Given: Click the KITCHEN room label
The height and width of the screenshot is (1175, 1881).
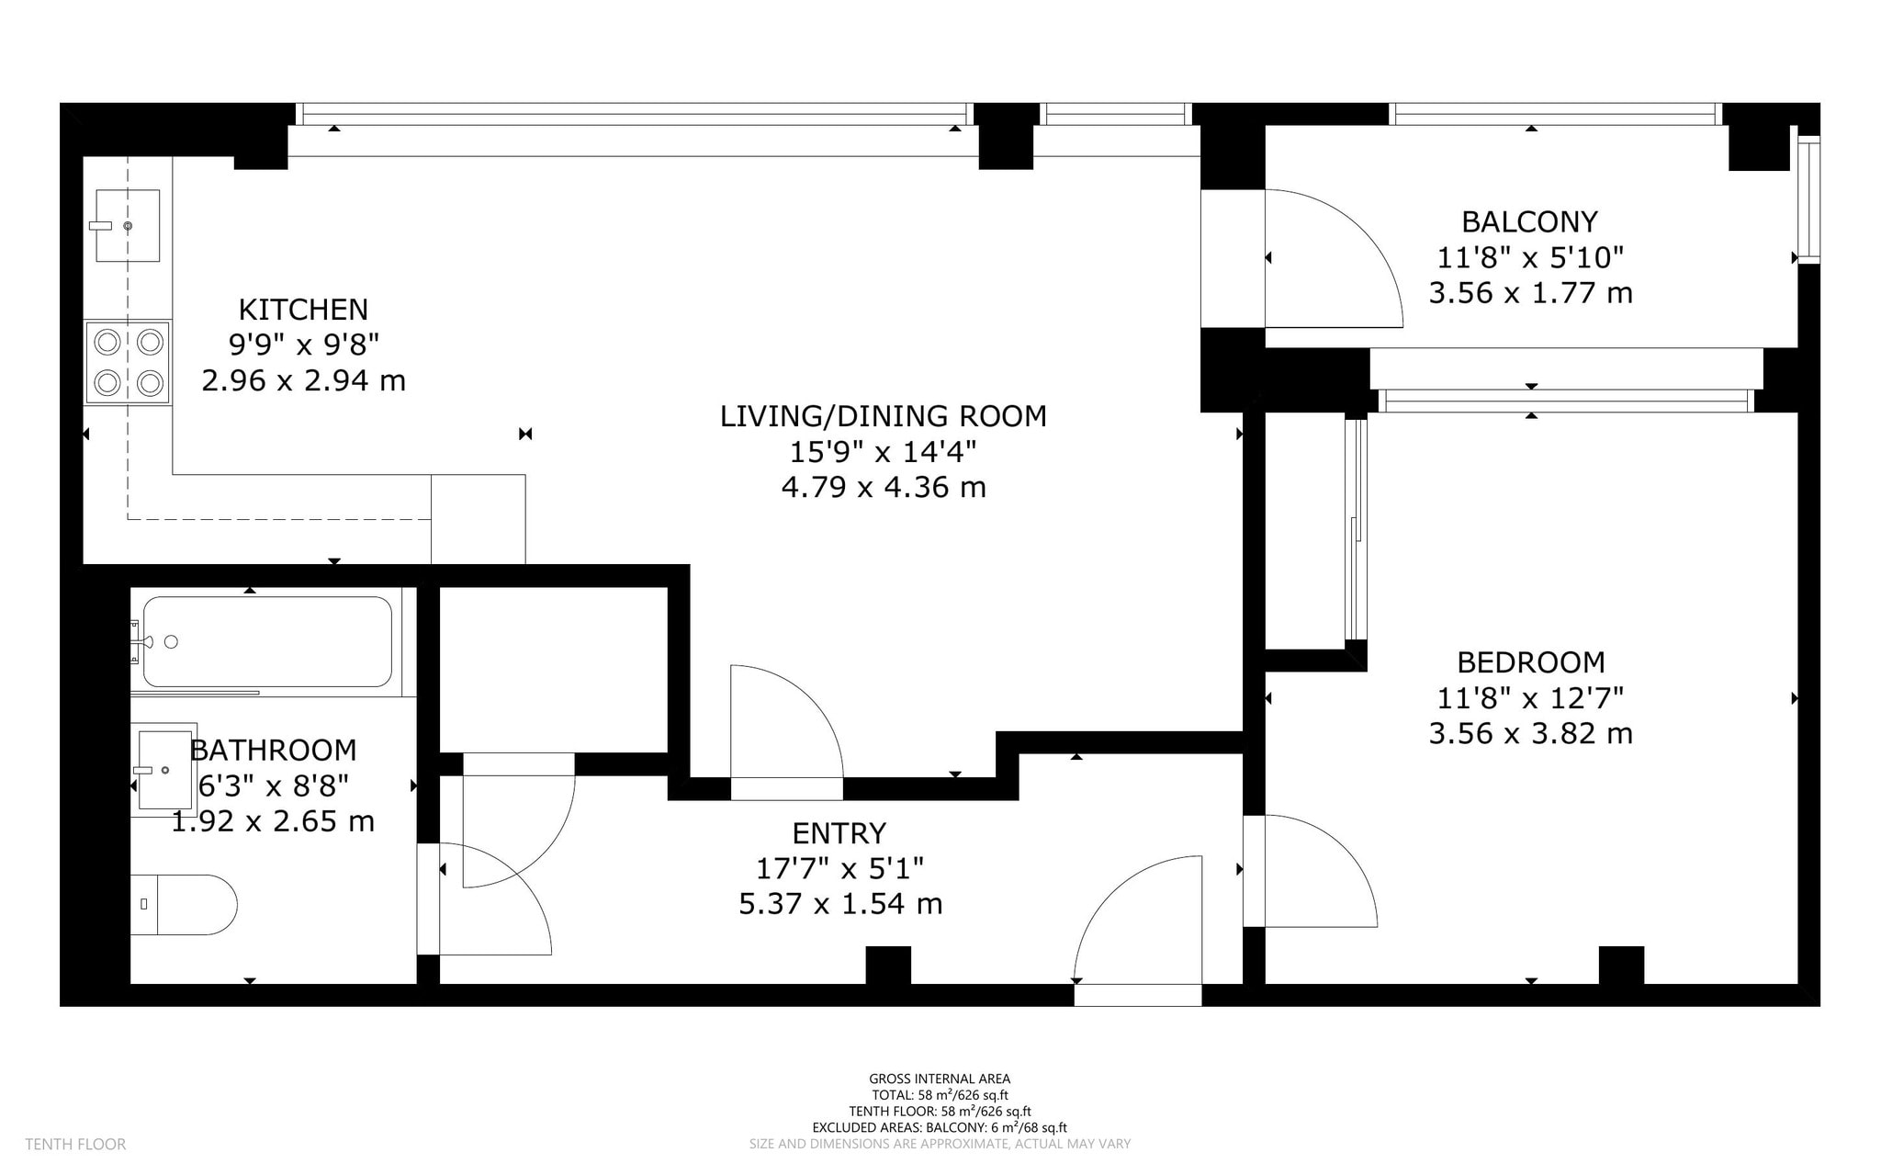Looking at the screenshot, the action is pyautogui.click(x=303, y=309).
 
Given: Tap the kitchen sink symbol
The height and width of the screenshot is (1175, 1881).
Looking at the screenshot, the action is pyautogui.click(x=128, y=225).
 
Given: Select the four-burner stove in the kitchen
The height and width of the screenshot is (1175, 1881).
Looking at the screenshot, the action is pyautogui.click(x=128, y=362).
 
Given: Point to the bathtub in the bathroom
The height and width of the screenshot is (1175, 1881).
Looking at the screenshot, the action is pyautogui.click(x=267, y=641).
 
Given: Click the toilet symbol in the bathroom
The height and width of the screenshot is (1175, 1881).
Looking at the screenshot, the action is pyautogui.click(x=184, y=905).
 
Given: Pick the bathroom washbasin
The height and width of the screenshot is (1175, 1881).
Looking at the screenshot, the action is pyautogui.click(x=163, y=769).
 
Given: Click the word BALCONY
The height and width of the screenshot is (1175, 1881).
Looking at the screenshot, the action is pyautogui.click(x=1529, y=221).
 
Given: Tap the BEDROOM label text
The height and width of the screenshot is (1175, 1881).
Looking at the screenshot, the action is pyautogui.click(x=1531, y=662).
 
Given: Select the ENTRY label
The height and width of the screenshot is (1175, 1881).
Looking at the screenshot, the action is pyautogui.click(x=839, y=833).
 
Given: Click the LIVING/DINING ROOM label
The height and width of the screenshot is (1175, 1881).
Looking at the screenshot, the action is pyautogui.click(x=883, y=416).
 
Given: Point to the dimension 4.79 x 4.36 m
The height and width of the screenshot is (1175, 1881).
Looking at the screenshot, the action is pyautogui.click(x=883, y=487).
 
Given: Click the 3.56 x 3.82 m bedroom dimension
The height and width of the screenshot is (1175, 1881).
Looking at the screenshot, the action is pyautogui.click(x=1531, y=734).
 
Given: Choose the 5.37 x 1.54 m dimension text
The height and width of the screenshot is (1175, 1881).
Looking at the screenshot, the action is pyautogui.click(x=840, y=904).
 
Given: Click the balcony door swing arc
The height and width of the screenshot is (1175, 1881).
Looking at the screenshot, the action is pyautogui.click(x=1363, y=230).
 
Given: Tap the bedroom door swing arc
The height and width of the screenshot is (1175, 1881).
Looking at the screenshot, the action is pyautogui.click(x=1340, y=850).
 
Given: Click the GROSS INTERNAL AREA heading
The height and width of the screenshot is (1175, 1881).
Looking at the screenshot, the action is pyautogui.click(x=940, y=1079).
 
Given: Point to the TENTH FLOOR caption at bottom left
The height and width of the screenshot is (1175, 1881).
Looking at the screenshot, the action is pyautogui.click(x=75, y=1145).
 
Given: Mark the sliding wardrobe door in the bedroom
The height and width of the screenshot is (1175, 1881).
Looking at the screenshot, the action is pyautogui.click(x=1356, y=529).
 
